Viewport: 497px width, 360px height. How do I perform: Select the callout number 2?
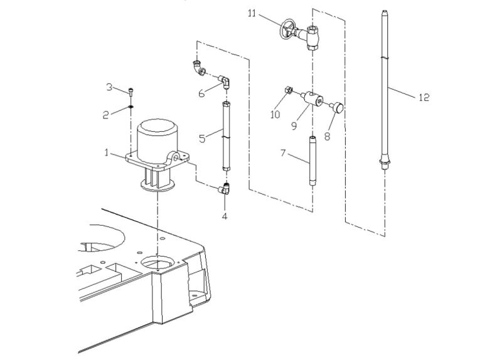tap(106, 114)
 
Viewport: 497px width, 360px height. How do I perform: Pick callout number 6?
tap(201, 93)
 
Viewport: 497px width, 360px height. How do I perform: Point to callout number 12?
tap(424, 97)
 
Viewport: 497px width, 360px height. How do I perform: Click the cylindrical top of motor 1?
tap(157, 135)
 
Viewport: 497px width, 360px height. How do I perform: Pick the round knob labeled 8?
tap(339, 109)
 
